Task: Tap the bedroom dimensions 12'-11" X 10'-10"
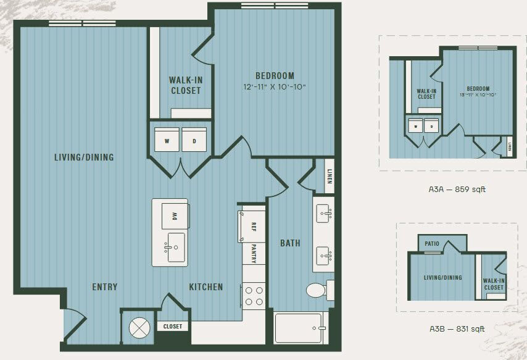pos(274,87)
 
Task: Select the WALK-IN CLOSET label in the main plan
pos(185,85)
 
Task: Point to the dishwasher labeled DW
pos(172,216)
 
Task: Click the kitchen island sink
pos(175,246)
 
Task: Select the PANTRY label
pos(253,252)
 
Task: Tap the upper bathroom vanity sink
pos(323,214)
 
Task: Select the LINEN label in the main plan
pos(330,175)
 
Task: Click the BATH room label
pos(290,243)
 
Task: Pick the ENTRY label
pos(104,287)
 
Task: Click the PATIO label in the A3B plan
pos(433,243)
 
